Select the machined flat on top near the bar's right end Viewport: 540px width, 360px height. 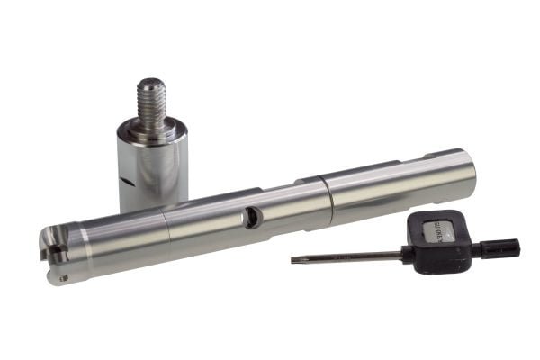tap(441, 159)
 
